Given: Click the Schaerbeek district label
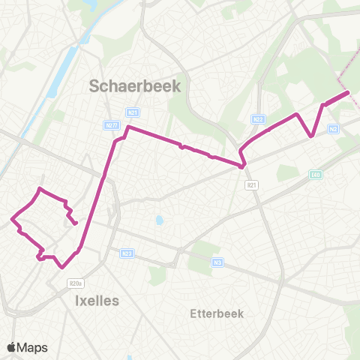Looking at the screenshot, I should (135, 86).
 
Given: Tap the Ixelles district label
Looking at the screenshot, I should (97, 301).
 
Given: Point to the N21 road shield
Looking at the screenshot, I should (133, 113).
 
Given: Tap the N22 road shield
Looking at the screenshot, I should (257, 118).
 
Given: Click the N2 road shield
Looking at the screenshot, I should (334, 129).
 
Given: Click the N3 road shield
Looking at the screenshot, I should (217, 262).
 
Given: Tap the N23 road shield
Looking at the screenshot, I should (127, 253).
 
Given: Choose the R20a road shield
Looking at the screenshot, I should (74, 283).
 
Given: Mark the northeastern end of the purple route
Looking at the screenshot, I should (349, 93).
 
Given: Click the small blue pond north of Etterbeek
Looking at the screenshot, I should (159, 221).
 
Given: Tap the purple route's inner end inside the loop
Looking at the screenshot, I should (76, 223).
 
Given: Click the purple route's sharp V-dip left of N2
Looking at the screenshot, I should (311, 136).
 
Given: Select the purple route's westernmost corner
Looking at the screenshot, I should (12, 220).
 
